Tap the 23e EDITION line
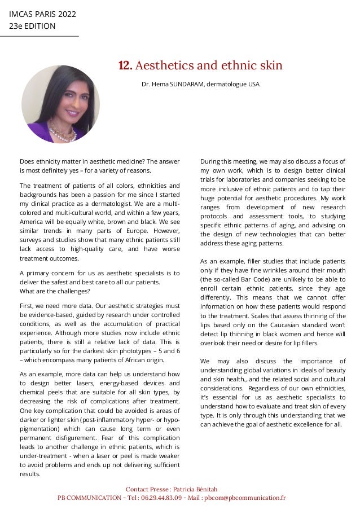[x=32, y=26]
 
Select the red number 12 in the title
[x=125, y=66]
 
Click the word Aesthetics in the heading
[x=164, y=66]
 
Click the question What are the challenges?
[x=55, y=291]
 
